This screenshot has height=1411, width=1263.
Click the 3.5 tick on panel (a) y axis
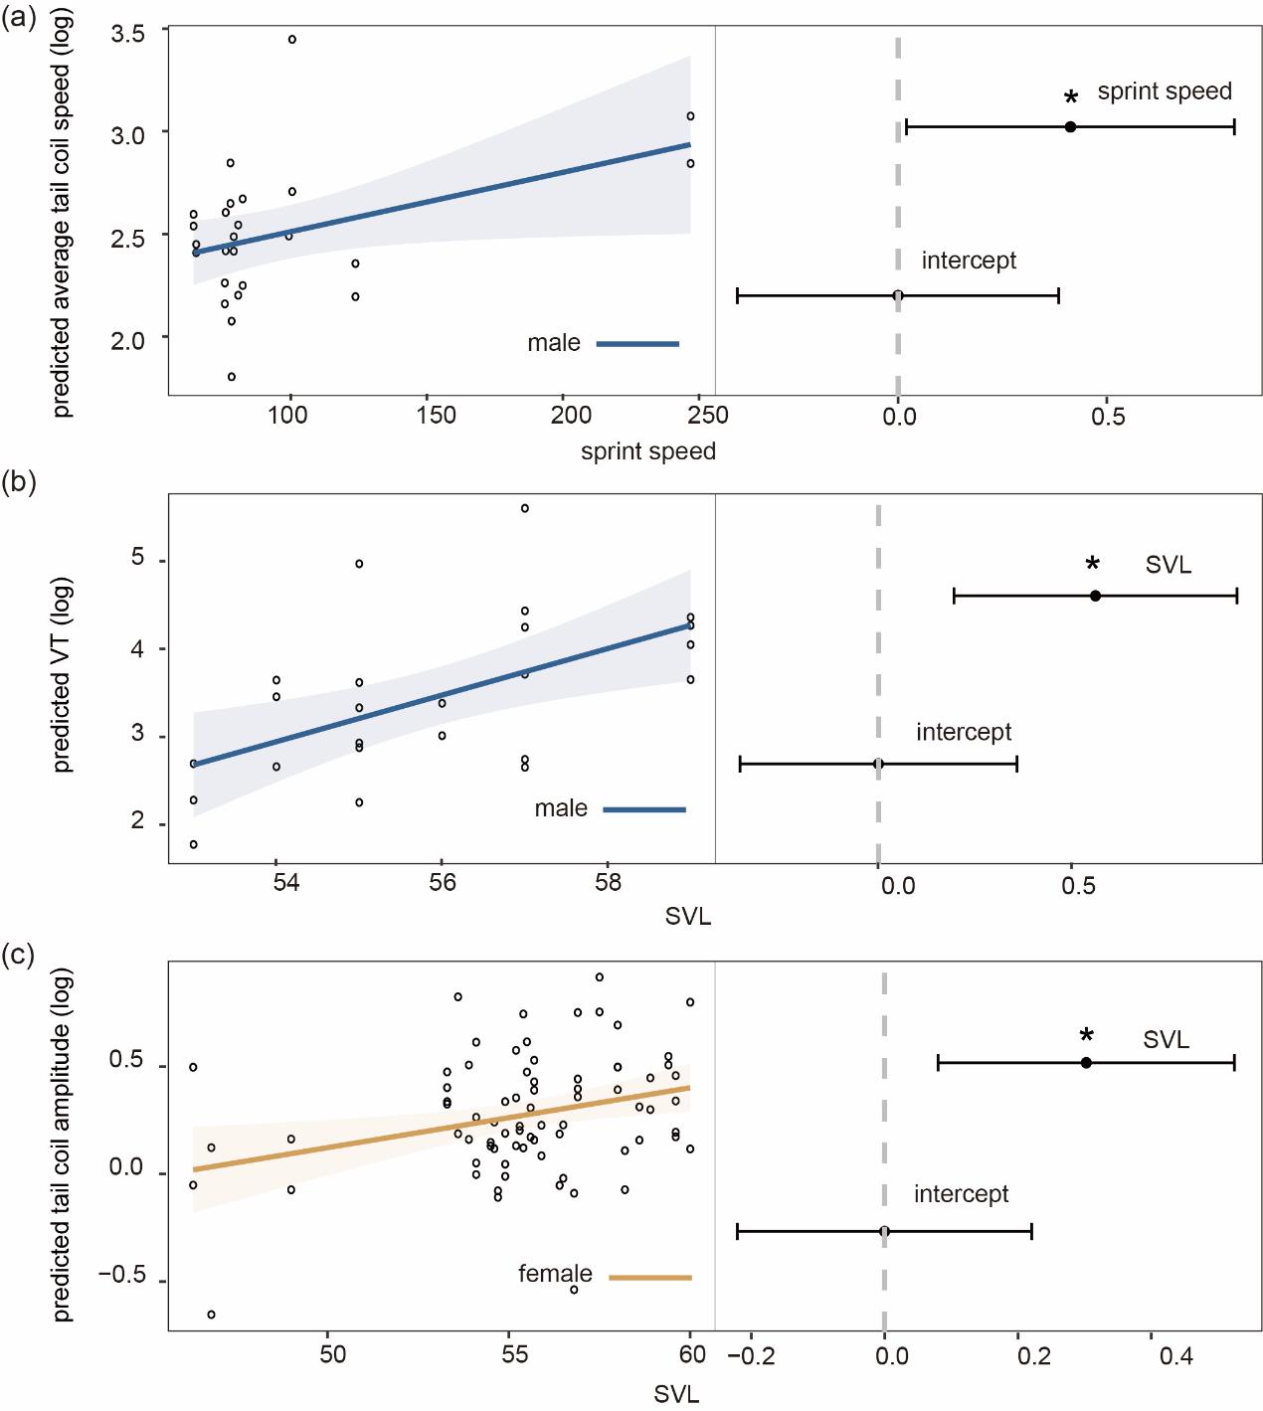[128, 33]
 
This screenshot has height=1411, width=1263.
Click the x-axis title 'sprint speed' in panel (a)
[648, 451]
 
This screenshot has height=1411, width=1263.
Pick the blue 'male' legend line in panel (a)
[637, 344]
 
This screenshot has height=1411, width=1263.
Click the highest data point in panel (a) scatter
[291, 40]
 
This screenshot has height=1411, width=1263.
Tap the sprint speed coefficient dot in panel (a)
[1070, 126]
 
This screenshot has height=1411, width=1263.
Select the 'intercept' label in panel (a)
[969, 262]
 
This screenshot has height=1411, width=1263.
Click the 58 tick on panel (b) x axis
[607, 882]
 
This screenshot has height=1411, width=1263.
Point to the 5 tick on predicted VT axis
[136, 559]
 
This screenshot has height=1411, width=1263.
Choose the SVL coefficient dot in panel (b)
[1095, 596]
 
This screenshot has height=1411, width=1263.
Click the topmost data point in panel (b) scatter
[524, 508]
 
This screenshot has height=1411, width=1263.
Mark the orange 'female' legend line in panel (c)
[650, 1277]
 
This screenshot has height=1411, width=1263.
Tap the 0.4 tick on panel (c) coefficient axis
[1176, 1355]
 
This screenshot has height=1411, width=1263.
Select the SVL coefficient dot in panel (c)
[1086, 1063]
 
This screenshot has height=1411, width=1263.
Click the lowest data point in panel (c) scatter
[211, 1315]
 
